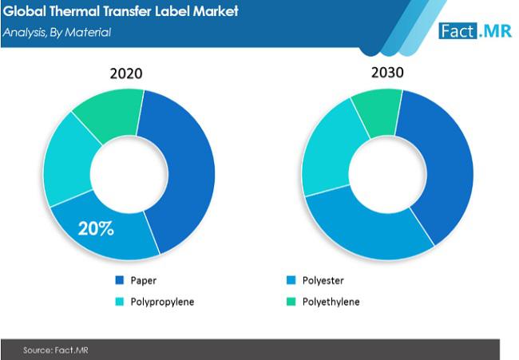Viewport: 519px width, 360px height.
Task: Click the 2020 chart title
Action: [125, 73]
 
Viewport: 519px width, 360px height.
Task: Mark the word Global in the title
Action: [24, 13]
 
